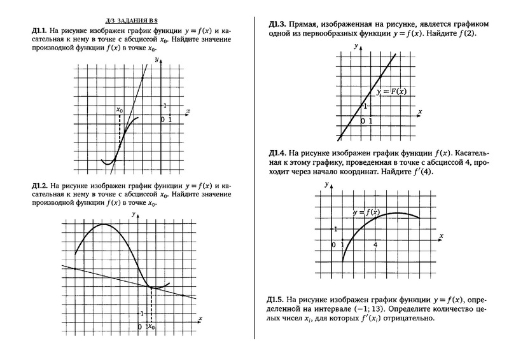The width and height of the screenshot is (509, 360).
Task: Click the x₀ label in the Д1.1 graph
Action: coord(120,109)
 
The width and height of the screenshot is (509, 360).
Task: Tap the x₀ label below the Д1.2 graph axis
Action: coord(151,326)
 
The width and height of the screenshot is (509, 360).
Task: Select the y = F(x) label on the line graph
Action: coord(391,92)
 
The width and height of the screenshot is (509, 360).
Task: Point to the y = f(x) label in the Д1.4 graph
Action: coord(365,212)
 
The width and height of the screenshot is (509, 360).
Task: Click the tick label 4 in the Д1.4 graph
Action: coord(375,244)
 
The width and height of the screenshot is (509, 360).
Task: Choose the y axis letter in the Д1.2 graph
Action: coord(134,215)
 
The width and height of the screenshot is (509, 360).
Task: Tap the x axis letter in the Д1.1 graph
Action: coord(188,111)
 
